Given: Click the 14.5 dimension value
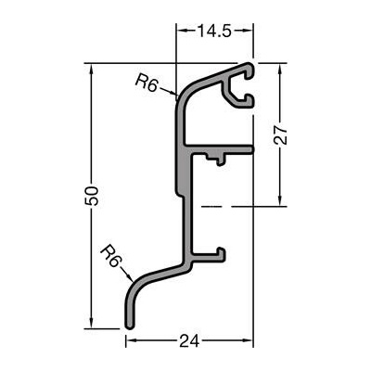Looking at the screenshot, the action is tap(214, 31).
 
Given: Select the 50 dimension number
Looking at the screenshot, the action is tap(92, 196).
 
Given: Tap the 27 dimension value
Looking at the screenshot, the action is tap(280, 135).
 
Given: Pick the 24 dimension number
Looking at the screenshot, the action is tap(189, 341).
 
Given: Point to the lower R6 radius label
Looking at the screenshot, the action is tap(110, 255).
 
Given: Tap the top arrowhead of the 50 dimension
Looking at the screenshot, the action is tap(91, 70).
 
